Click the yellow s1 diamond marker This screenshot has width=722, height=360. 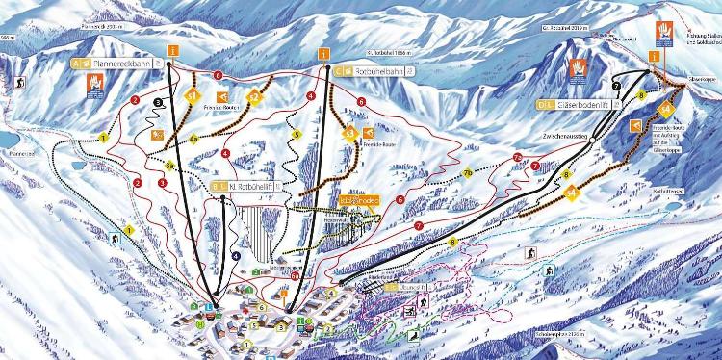[x=193, y=96]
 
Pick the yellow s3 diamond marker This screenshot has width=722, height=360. [x=349, y=135]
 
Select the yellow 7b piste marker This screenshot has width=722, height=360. [x=468, y=173]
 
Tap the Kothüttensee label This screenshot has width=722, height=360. [x=668, y=192]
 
